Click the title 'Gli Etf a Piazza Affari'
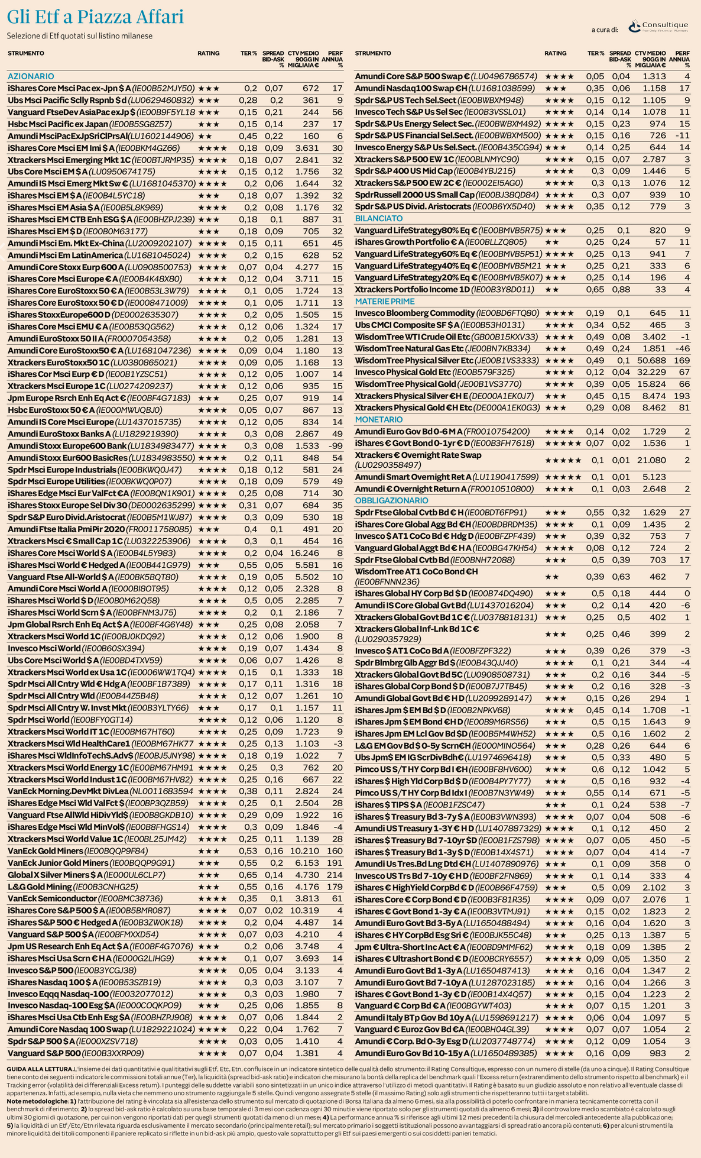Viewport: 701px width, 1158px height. (95, 17)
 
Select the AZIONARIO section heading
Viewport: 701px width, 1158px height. (31, 76)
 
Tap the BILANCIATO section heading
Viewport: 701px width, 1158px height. (379, 218)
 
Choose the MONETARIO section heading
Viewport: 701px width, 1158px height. (378, 419)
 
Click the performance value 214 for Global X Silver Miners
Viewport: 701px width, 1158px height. (335, 875)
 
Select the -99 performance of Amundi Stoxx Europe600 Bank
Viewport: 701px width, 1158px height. (336, 445)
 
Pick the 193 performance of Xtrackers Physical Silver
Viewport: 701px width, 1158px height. (682, 396)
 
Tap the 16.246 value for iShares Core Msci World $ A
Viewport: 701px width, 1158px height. (306, 553)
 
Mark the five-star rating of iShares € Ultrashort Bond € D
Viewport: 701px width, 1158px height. (563, 959)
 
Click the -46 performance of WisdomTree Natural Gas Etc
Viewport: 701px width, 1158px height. (683, 348)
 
